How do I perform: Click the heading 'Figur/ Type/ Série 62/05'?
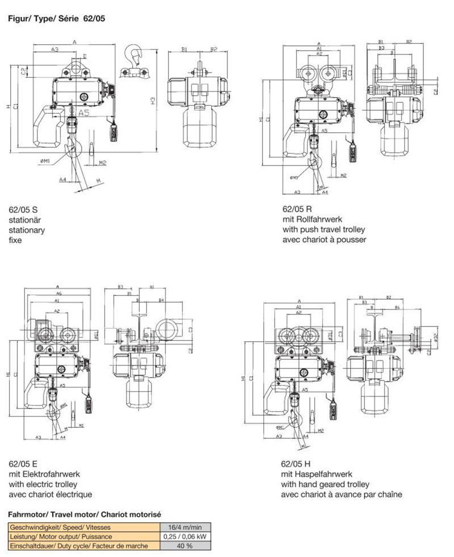56,18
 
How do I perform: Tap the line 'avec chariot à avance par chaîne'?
342,495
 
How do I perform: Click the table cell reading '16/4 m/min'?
185,527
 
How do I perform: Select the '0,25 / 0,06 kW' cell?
185,536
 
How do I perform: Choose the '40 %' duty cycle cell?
185,546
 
